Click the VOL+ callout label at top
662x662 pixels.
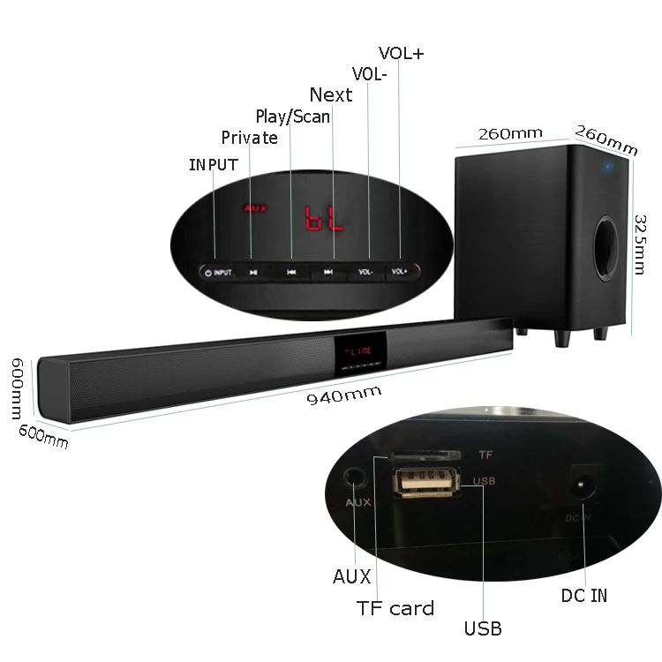(402, 53)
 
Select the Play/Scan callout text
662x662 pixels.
(292, 117)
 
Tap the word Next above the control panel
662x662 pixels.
(330, 94)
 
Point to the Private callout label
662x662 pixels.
(249, 138)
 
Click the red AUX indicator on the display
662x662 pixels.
(255, 209)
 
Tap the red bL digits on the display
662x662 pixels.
(324, 218)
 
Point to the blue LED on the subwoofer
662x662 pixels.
(608, 165)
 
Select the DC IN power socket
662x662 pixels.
(584, 485)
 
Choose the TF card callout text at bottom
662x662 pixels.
(395, 608)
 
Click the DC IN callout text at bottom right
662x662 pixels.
(584, 596)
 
